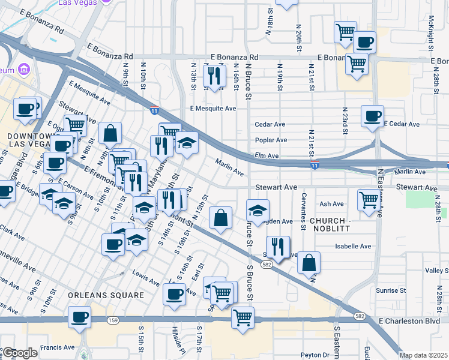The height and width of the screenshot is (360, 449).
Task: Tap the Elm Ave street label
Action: point(267,155)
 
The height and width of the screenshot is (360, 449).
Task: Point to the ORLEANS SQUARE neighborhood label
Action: point(106,295)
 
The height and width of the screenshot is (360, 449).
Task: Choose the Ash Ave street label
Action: point(331,204)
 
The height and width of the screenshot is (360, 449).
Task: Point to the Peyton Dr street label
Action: point(316,355)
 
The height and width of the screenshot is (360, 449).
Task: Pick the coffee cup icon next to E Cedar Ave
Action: point(372,115)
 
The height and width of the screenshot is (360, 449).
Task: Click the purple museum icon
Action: point(24,70)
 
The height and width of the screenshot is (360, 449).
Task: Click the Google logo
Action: point(20,353)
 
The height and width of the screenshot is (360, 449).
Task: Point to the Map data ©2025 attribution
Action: point(423,355)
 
